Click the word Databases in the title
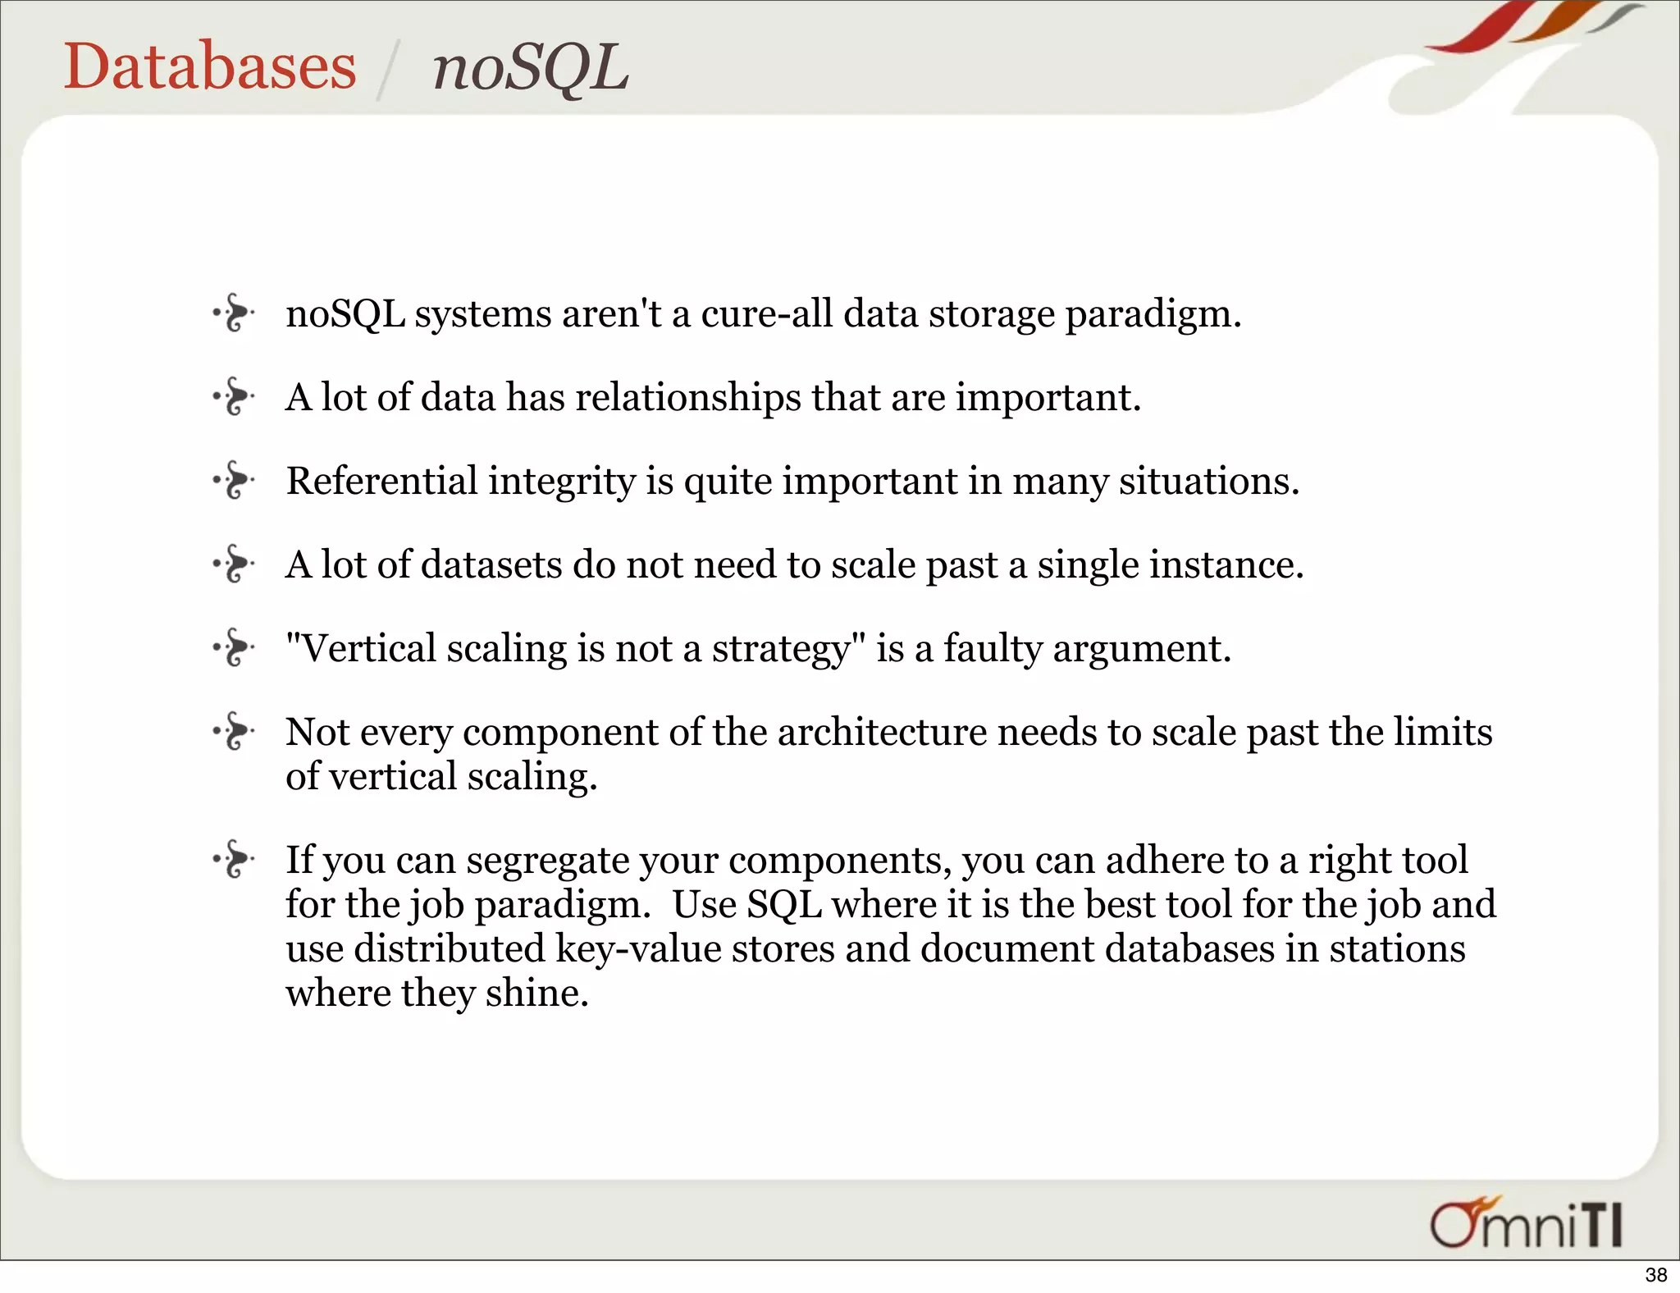point(210,66)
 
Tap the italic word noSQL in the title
point(530,68)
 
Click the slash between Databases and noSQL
point(386,71)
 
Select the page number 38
point(1655,1274)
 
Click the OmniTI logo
point(1526,1224)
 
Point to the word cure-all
point(766,314)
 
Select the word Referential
point(381,481)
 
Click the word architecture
point(882,732)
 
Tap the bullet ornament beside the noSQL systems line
point(235,313)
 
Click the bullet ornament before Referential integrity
point(235,480)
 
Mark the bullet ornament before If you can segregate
point(235,859)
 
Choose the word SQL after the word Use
point(783,905)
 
